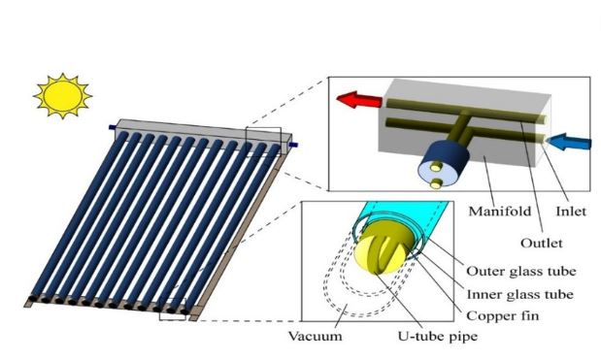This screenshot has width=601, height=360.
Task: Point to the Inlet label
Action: [x=570, y=208]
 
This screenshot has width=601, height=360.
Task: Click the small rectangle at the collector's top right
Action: [x=263, y=142]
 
